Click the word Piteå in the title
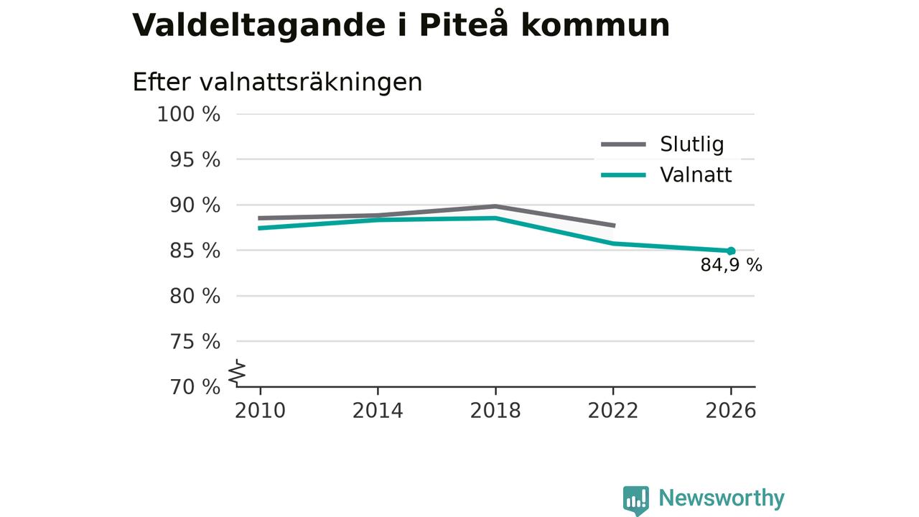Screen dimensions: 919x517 click(x=464, y=24)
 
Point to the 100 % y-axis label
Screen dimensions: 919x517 click(x=189, y=114)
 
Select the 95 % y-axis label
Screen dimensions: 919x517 click(x=195, y=159)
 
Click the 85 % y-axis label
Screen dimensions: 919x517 click(x=195, y=251)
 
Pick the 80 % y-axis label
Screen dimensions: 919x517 click(x=195, y=296)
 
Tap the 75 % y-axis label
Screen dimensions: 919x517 click(x=195, y=341)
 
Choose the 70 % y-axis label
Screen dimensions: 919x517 click(x=195, y=387)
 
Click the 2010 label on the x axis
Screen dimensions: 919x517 click(x=260, y=411)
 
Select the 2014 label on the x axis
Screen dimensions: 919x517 click(x=378, y=411)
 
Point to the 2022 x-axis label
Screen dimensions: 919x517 click(x=613, y=411)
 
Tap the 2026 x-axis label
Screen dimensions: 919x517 click(x=731, y=411)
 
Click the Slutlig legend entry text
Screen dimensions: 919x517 click(x=692, y=144)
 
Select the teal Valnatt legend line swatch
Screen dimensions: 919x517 click(x=624, y=175)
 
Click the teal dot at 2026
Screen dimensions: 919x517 click(x=731, y=251)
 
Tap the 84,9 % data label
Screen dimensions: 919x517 click(x=732, y=265)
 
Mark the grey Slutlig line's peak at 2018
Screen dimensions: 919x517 click(x=495, y=206)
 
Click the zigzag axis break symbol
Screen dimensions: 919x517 click(x=237, y=373)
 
